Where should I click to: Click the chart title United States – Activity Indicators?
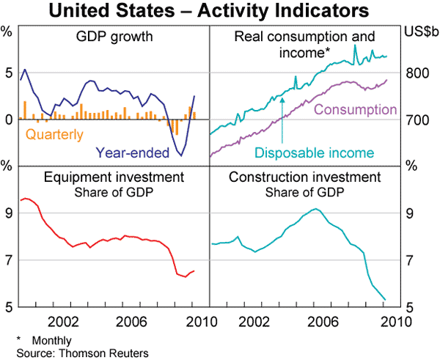click(220, 12)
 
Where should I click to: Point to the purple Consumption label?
click(355, 110)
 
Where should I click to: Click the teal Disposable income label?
click(315, 153)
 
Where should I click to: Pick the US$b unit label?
click(419, 32)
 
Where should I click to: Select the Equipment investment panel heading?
click(113, 177)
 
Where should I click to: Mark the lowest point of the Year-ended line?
click(181, 155)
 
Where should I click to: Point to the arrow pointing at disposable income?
click(282, 117)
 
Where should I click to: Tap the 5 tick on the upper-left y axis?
click(8, 73)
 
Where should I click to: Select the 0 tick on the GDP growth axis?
click(8, 120)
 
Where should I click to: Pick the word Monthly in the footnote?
click(52, 341)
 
